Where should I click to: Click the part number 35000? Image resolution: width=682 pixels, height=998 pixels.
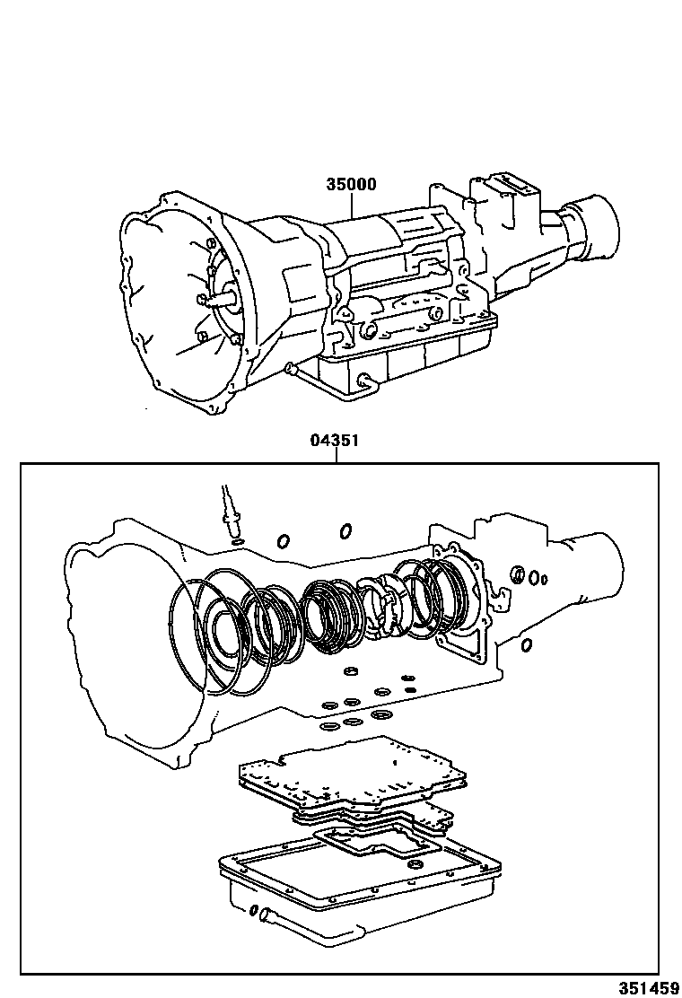[351, 185]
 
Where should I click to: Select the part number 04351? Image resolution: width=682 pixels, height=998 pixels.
[336, 441]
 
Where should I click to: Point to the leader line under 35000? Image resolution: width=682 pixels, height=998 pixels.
[351, 206]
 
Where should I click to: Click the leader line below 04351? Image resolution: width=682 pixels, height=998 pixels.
[336, 455]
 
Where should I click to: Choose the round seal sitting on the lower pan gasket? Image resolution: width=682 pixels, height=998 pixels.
[415, 864]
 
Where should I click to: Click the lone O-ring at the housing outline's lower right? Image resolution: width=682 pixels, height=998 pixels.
[527, 644]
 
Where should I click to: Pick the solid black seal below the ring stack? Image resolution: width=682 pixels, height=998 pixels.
[410, 689]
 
